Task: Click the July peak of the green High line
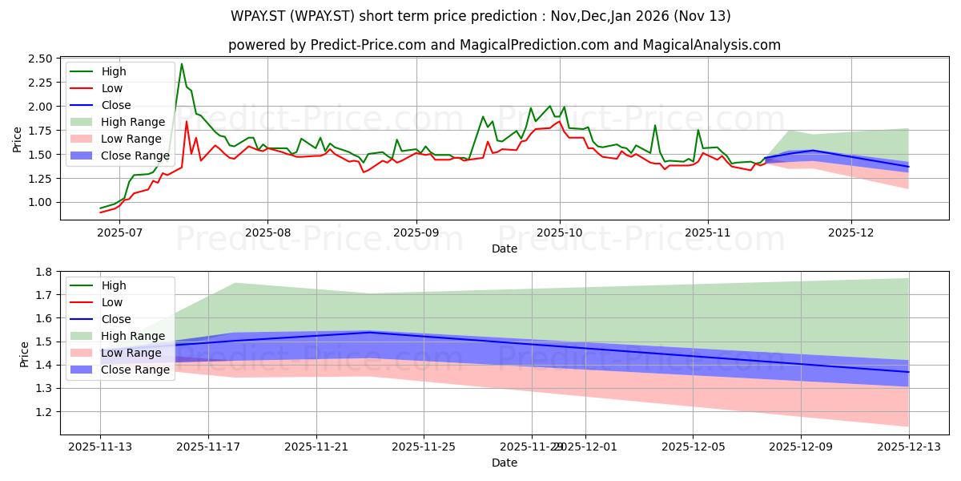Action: pyautogui.click(x=182, y=64)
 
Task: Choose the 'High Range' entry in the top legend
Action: pyautogui.click(x=132, y=122)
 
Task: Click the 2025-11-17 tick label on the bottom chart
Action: pyautogui.click(x=208, y=447)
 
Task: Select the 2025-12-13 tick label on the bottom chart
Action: pyautogui.click(x=909, y=447)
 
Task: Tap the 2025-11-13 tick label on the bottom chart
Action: pyautogui.click(x=100, y=447)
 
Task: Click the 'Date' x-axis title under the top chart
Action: pyautogui.click(x=505, y=249)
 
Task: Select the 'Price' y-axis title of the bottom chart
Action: pyautogui.click(x=24, y=354)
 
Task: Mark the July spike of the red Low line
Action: pyautogui.click(x=187, y=122)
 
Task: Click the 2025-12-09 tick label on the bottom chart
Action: pyautogui.click(x=801, y=447)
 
